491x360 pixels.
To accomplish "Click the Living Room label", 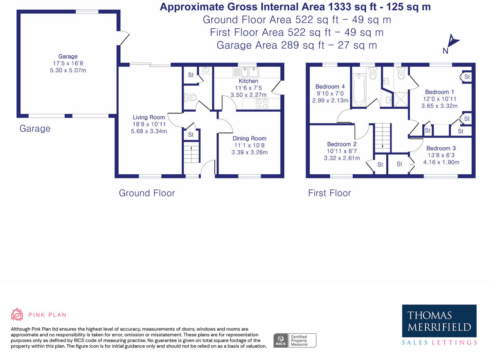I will pos(149,117).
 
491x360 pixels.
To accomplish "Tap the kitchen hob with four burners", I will pos(261,104).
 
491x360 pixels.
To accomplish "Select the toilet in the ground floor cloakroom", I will pos(190,97).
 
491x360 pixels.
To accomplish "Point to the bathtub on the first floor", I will pos(359,89).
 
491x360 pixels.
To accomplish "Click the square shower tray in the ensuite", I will pos(400,99).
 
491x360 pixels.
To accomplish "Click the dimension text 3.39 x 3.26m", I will pos(250,153).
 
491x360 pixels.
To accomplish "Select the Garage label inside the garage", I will pos(68,56).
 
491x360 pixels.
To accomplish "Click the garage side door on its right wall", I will pos(123,39).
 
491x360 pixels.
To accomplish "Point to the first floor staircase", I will pos(383,137).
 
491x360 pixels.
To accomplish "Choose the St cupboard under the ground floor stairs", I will pos(191,135).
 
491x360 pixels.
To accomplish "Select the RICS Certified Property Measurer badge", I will pos(295,340).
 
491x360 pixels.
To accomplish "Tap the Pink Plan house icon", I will pos(17,315).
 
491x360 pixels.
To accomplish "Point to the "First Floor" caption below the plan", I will pos(329,193).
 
